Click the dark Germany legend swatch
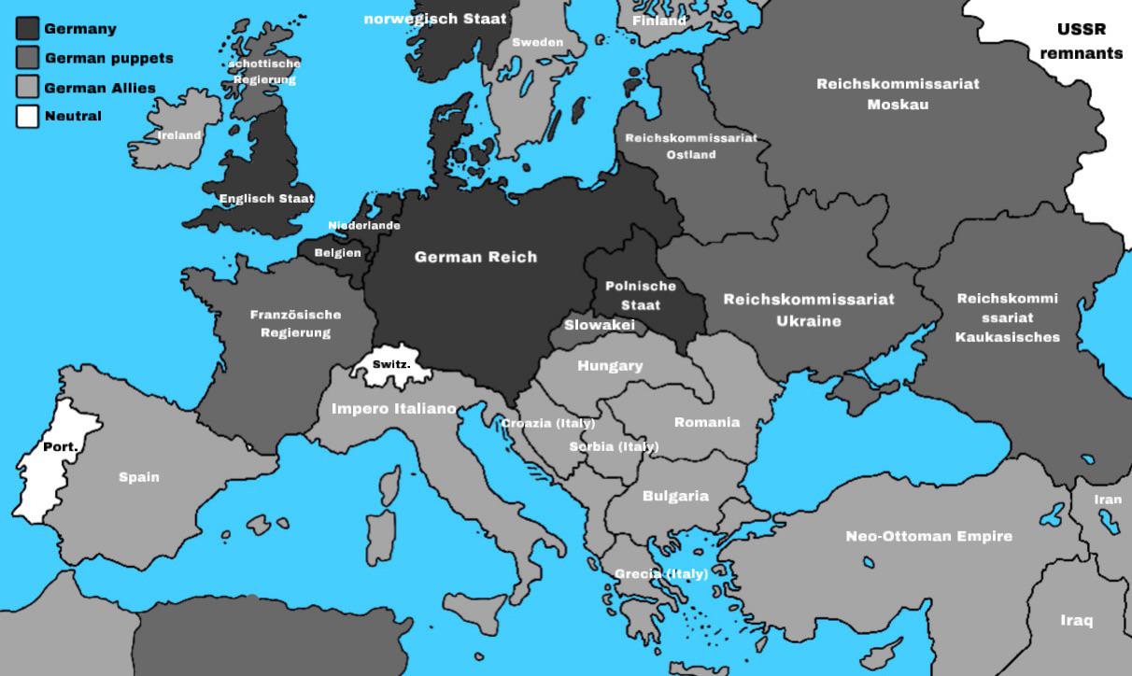(27, 29)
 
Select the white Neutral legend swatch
(27, 117)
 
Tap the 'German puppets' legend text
(108, 58)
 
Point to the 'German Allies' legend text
(100, 88)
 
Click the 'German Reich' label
(475, 257)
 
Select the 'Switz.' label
(390, 364)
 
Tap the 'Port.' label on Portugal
(61, 447)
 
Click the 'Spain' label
(139, 477)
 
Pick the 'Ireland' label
(178, 135)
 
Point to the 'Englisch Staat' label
(266, 199)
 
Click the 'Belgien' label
(337, 253)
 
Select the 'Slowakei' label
(599, 325)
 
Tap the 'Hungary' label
(610, 366)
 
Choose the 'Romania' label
(707, 423)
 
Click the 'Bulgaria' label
(675, 497)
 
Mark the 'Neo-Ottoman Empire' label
(928, 536)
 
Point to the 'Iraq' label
(1076, 621)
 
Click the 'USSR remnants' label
(1081, 41)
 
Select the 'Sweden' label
(537, 42)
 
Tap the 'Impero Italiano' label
(394, 409)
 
